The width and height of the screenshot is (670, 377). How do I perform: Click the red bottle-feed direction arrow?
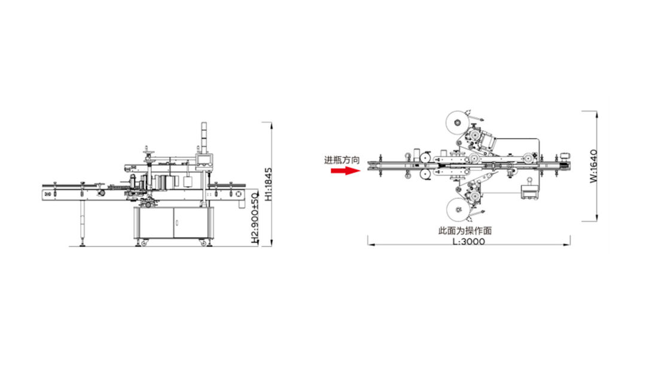(x=345, y=171)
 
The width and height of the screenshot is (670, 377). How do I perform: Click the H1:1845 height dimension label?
(x=268, y=184)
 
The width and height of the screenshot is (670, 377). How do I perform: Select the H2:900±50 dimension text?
(x=255, y=218)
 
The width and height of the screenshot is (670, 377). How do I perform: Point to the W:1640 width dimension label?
(x=594, y=166)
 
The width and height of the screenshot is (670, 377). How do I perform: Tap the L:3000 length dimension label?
(x=469, y=241)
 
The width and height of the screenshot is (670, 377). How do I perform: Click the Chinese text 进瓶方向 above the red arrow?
(x=342, y=160)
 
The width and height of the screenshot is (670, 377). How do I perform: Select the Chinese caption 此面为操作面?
(x=465, y=231)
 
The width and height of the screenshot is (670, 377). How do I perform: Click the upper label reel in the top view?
(x=457, y=123)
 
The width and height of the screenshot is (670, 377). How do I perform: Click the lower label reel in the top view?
(x=458, y=209)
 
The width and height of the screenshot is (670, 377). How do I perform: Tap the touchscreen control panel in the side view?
(x=204, y=160)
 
